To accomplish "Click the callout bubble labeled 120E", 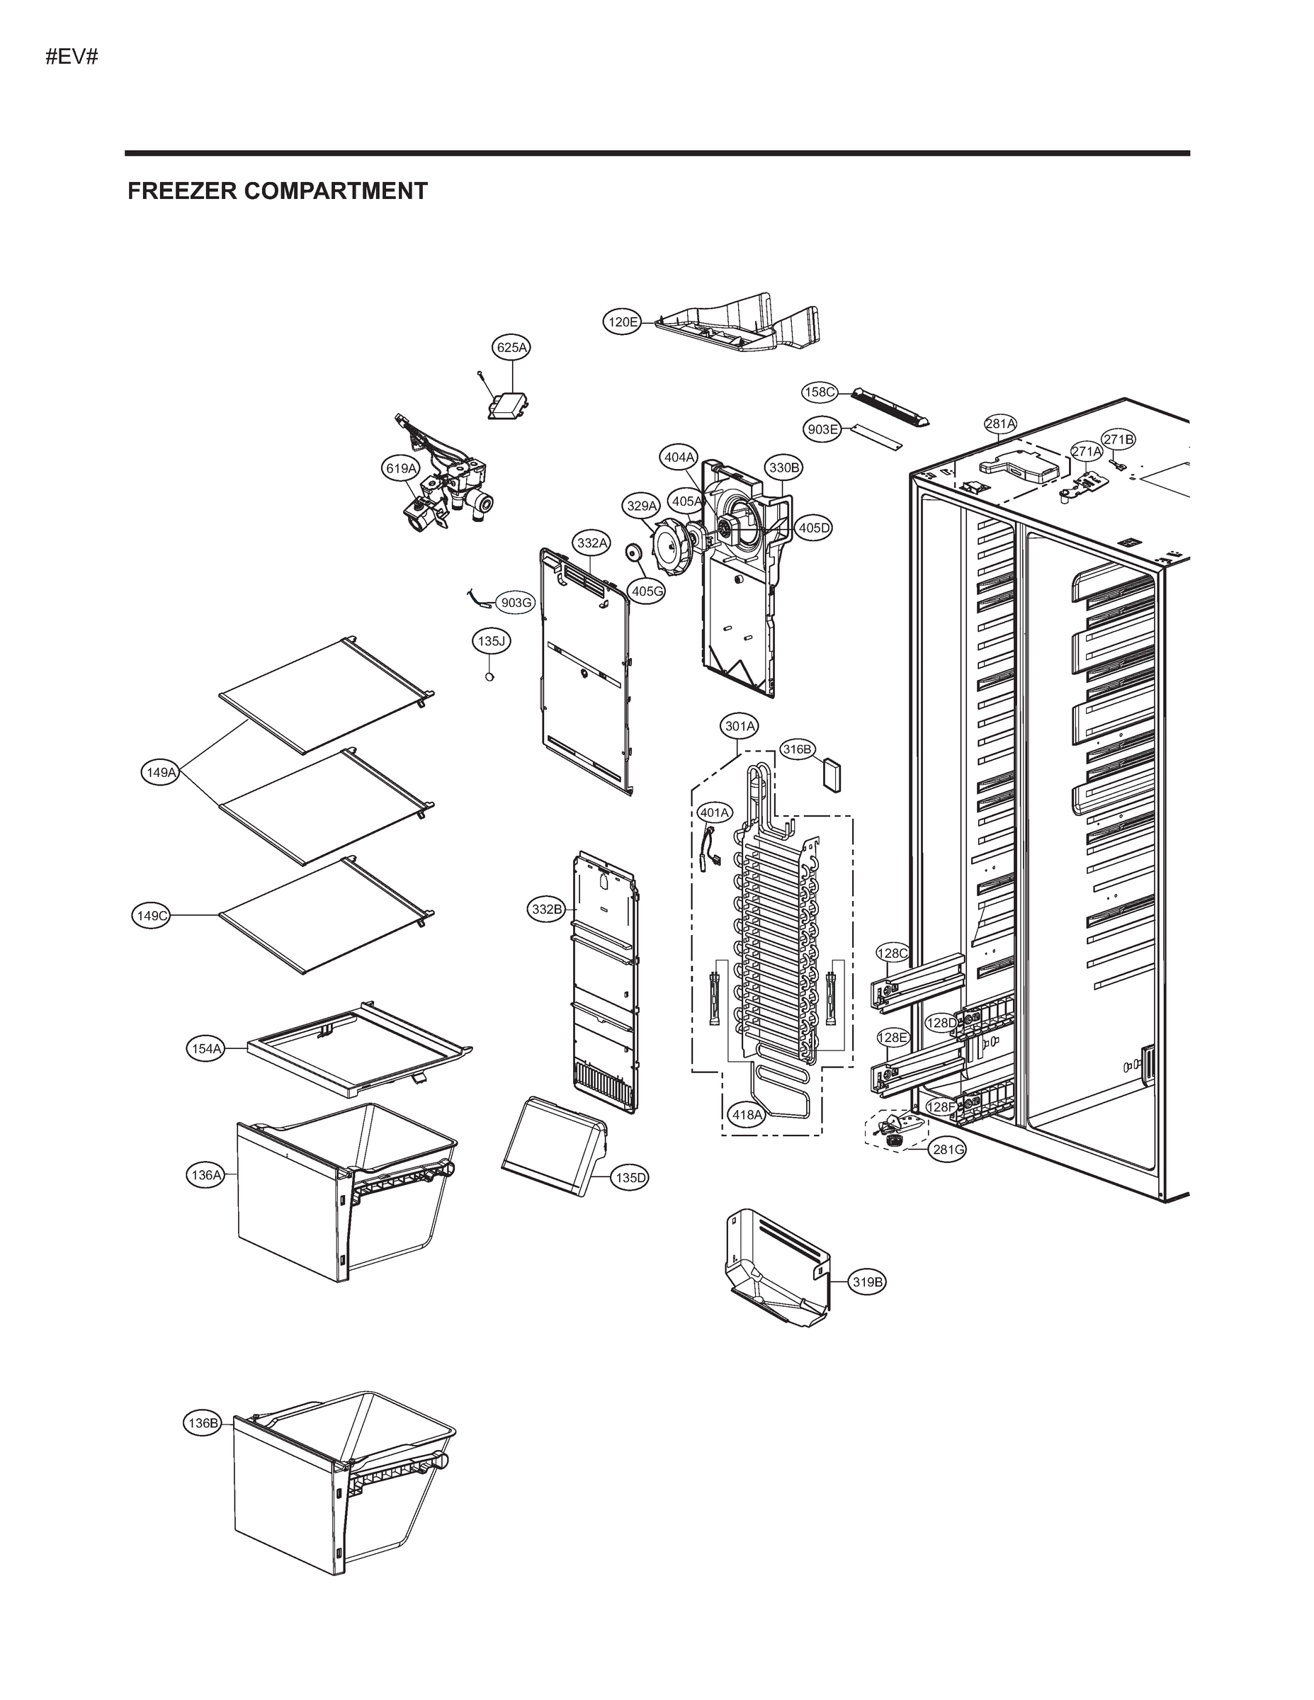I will click(x=623, y=322).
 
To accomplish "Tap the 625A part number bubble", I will click(x=511, y=347).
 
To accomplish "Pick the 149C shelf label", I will click(x=152, y=916).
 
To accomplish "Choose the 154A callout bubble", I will click(x=206, y=1048).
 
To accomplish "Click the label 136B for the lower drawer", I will click(x=203, y=1424).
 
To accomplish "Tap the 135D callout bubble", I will click(x=630, y=1178).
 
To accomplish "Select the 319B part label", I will click(x=867, y=1282).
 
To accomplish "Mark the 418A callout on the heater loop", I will click(x=747, y=1115).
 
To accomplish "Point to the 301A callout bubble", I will click(x=740, y=726).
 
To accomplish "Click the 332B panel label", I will click(x=546, y=909).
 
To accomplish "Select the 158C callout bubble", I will click(x=820, y=392).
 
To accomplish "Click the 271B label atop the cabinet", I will click(x=1118, y=439).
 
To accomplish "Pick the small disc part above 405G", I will click(x=634, y=552).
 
